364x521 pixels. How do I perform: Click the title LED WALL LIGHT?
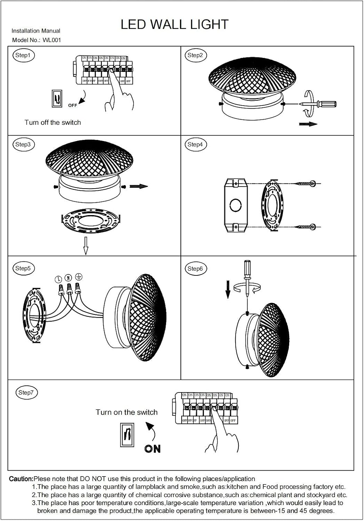[x=174, y=25]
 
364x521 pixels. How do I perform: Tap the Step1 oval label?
[x=23, y=55]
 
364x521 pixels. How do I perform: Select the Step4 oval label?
[x=195, y=144]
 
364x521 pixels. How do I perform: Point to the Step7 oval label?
[x=26, y=392]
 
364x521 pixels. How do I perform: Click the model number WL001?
[x=52, y=40]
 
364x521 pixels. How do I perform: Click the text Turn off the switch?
[x=53, y=122]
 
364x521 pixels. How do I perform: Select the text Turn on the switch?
[x=126, y=412]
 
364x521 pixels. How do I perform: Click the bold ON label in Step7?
[x=152, y=449]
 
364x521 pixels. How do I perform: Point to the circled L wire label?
[x=58, y=279]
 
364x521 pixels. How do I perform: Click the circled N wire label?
[x=69, y=278]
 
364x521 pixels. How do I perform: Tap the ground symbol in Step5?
[x=79, y=277]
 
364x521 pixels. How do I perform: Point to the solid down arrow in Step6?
[x=228, y=289]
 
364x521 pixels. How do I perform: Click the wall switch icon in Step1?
[x=57, y=99]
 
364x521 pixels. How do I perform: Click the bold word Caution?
[x=21, y=479]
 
